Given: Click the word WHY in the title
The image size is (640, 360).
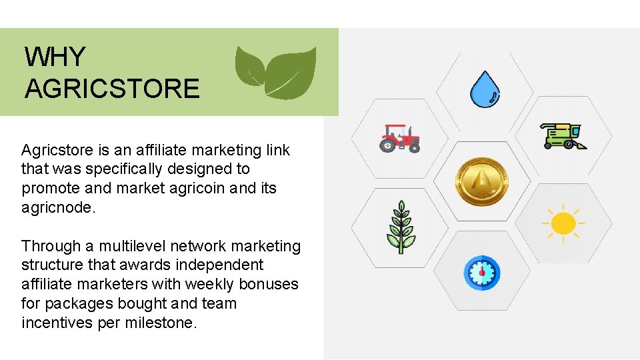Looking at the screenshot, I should [x=55, y=57].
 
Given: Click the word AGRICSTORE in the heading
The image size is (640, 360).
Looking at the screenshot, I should [x=112, y=89].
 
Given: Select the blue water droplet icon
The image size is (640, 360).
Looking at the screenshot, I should [x=484, y=89].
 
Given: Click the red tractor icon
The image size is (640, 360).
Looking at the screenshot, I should [x=400, y=138].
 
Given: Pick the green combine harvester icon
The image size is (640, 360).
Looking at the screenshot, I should [x=563, y=135].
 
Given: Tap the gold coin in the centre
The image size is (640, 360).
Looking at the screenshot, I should [x=481, y=181].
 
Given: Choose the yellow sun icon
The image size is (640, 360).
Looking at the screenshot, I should [x=563, y=223].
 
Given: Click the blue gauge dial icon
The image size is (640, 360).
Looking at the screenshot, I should [x=481, y=272].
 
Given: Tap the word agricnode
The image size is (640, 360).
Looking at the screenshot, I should [x=57, y=207].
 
